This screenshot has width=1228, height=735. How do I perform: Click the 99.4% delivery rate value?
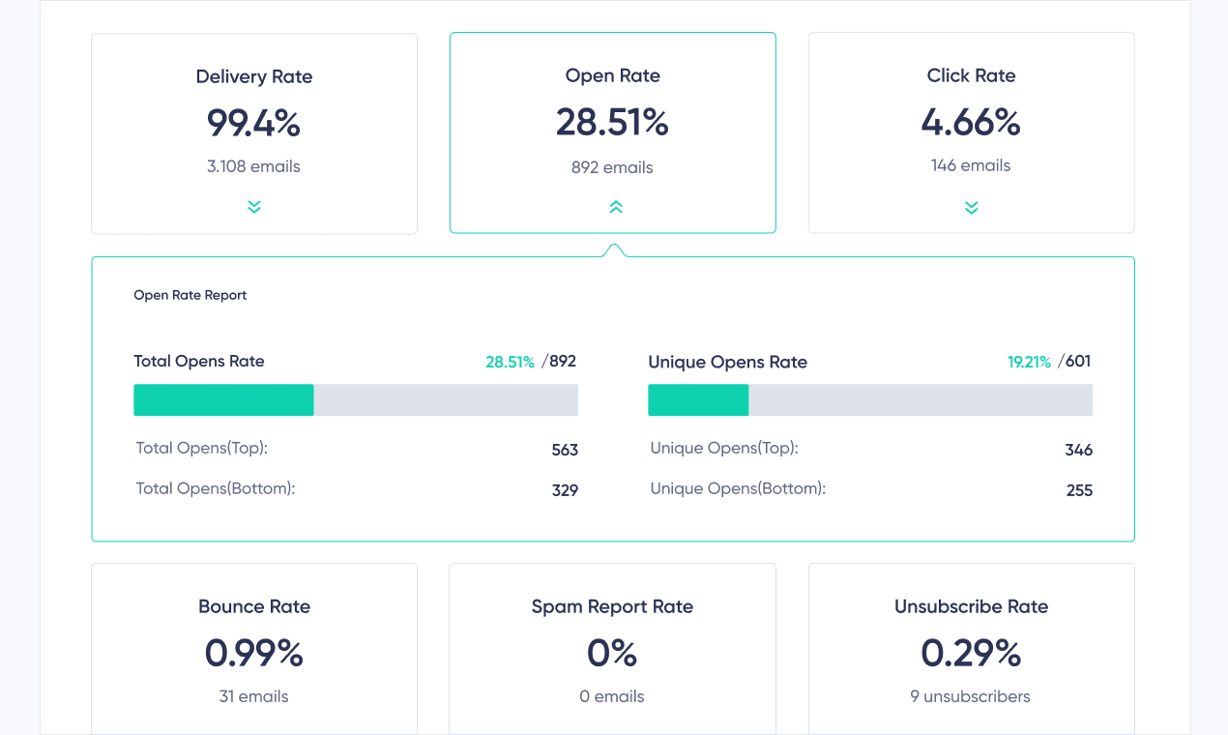click(253, 123)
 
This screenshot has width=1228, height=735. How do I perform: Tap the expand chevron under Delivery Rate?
click(254, 206)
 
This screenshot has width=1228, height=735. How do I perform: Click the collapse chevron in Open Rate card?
click(615, 206)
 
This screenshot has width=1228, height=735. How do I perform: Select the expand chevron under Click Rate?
click(971, 207)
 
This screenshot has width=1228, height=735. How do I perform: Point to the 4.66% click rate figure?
click(971, 123)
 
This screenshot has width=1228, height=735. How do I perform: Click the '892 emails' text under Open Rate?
click(612, 167)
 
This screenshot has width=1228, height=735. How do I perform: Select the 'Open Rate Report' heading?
click(190, 295)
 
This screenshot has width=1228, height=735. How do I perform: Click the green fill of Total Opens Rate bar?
click(223, 400)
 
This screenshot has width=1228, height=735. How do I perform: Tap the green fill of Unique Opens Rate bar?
click(698, 400)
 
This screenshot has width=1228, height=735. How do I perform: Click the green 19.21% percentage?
click(1029, 362)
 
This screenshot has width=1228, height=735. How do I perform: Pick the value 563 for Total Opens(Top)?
click(565, 450)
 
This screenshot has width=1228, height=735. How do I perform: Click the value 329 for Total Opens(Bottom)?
click(565, 490)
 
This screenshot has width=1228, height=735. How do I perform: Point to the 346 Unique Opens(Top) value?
click(1078, 450)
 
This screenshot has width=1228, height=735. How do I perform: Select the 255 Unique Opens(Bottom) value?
click(1079, 490)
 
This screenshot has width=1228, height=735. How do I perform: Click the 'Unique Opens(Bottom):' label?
click(738, 488)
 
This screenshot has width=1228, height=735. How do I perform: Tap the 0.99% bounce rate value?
click(253, 654)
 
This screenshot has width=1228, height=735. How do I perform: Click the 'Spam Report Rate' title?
click(612, 606)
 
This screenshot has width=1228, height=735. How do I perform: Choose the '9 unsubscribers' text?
click(971, 696)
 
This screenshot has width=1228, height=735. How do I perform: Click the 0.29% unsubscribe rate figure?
click(971, 654)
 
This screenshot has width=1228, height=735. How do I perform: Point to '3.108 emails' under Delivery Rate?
click(253, 166)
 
